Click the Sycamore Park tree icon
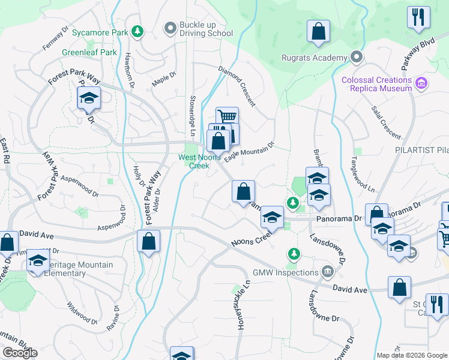tap(138, 30)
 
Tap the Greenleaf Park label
tap(89, 52)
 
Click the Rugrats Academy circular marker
tap(357, 58)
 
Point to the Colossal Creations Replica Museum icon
tap(421, 82)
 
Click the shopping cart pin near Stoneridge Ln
tap(227, 116)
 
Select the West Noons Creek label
tap(196, 161)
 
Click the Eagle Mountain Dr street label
tap(249, 150)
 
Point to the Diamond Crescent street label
tap(237, 83)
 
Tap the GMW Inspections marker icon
tap(327, 272)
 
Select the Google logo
tap(20, 353)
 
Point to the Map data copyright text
tap(411, 355)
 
